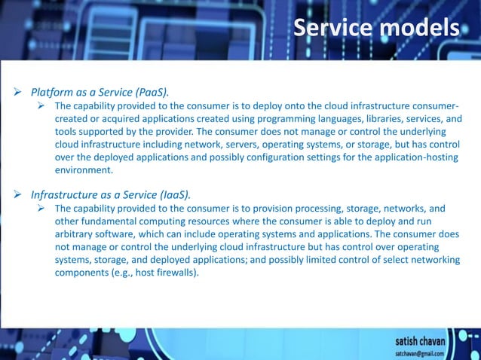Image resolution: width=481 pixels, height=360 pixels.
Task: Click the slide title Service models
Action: click(x=376, y=29)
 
